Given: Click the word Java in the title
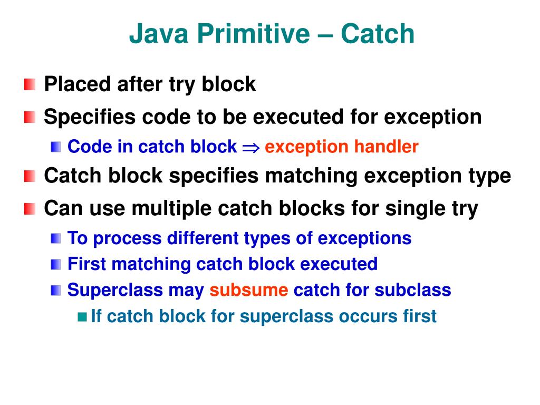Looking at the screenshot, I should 159,34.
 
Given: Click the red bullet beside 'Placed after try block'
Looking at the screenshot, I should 30,84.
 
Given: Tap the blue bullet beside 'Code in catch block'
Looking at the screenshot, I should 56,147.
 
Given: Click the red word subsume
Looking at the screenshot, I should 249,290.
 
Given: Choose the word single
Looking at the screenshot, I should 415,209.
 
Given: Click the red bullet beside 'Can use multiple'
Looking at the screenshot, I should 30,209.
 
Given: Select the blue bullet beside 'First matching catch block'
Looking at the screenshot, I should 56,264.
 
